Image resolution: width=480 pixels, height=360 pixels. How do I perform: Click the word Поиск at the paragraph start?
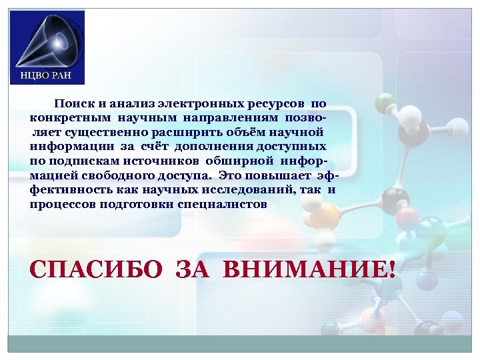point(72,104)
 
